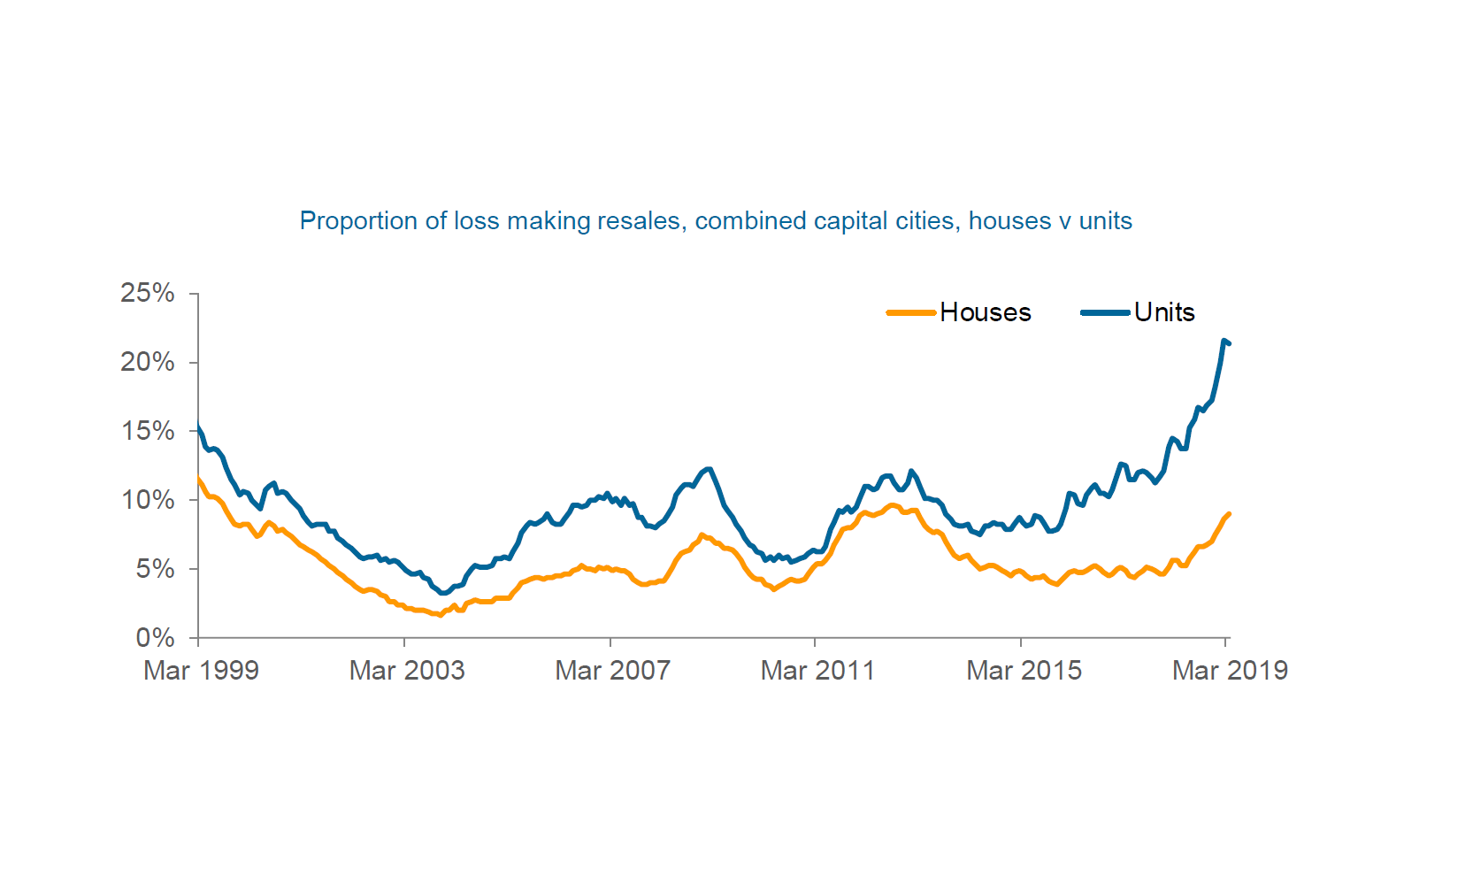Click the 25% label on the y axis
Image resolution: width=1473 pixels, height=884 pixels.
pos(148,293)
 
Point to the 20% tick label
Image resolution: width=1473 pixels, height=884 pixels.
pos(148,362)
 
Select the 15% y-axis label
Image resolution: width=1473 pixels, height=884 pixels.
pos(148,431)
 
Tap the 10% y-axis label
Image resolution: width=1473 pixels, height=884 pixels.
pos(148,500)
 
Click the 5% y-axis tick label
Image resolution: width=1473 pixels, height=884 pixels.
pos(155,569)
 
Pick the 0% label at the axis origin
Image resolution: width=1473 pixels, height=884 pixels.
pos(155,638)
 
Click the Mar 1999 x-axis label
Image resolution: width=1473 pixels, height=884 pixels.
pos(202,671)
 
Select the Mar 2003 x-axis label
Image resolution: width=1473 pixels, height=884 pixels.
pos(407,671)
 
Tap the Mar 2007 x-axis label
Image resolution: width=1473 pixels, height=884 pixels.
pos(613,671)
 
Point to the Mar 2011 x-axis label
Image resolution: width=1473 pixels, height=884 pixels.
pos(818,671)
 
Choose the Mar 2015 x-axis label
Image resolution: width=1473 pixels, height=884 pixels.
pos(1024,671)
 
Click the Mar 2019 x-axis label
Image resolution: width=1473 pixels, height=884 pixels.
pos(1230,671)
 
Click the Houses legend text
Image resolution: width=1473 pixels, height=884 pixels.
pos(986,312)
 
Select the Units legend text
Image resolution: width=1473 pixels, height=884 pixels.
pos(1164,312)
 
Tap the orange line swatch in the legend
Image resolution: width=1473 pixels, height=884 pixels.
pos(911,312)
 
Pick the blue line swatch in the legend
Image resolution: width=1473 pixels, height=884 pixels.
pos(1105,312)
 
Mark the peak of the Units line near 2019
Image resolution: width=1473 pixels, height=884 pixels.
pos(1224,341)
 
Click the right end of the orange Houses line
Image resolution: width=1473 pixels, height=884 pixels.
pos(1229,514)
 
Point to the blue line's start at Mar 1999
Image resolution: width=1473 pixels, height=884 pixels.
pos(198,427)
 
